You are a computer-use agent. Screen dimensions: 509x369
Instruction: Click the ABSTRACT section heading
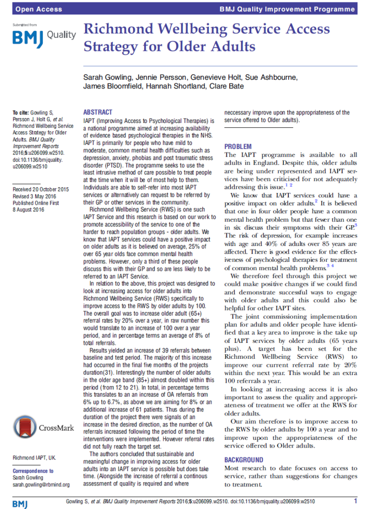click(x=98, y=112)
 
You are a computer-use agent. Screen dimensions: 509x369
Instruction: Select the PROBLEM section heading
click(x=238, y=146)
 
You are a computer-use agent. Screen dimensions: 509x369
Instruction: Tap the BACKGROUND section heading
click(x=245, y=460)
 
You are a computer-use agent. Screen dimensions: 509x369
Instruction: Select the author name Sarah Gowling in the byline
click(x=107, y=77)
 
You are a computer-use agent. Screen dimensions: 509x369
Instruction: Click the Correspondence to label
click(x=33, y=471)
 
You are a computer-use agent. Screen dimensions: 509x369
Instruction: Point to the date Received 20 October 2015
click(x=40, y=189)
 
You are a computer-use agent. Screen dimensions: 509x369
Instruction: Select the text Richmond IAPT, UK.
click(x=34, y=458)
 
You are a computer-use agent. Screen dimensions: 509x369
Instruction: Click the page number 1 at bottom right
click(x=355, y=501)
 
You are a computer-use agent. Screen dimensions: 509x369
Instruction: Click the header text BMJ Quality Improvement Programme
click(x=287, y=9)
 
